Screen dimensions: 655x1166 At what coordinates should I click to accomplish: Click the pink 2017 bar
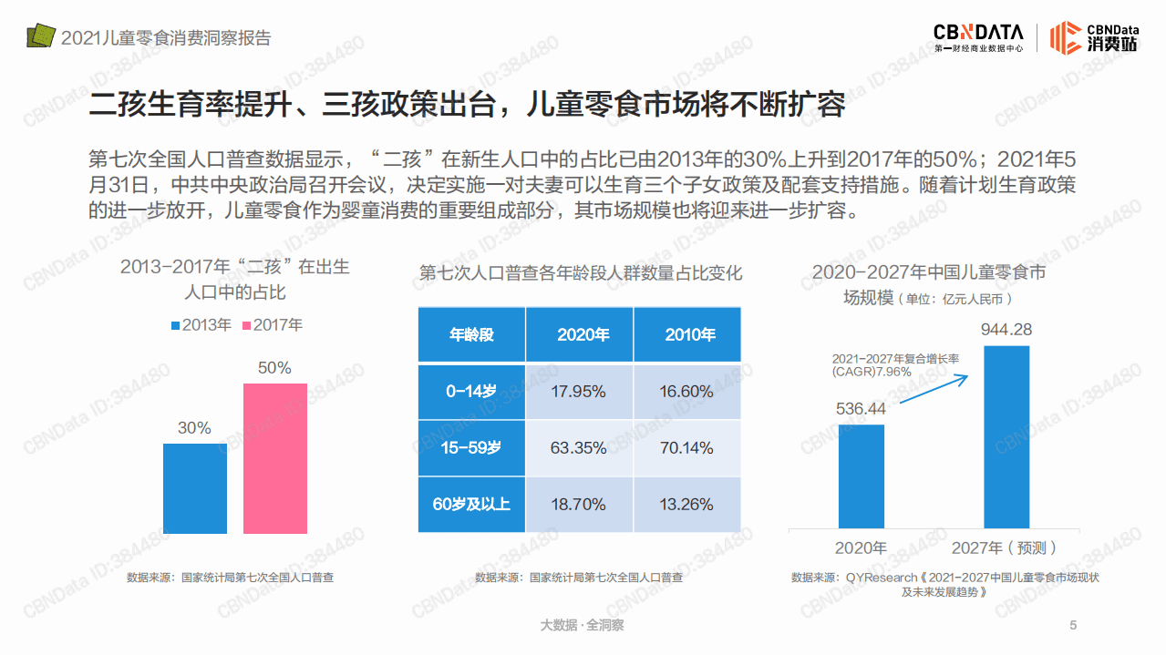pos(274,458)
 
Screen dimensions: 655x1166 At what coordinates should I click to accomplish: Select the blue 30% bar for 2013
pos(194,488)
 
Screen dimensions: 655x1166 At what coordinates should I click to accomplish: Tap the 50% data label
pos(274,368)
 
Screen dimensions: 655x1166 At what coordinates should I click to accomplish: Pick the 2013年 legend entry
pos(201,325)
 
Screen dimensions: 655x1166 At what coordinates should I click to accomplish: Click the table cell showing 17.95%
pos(579,392)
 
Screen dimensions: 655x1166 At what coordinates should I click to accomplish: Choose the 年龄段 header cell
pos(471,334)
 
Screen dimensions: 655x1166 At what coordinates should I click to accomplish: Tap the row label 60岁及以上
pos(471,505)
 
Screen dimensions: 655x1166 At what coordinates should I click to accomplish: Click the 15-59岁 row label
pos(471,448)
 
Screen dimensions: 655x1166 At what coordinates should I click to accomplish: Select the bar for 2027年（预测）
pos(1006,436)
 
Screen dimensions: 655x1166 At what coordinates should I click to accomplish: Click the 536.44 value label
pos(861,409)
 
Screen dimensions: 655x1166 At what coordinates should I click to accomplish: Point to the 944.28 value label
pos(1006,329)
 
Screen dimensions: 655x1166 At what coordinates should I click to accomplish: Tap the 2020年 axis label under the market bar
pos(861,548)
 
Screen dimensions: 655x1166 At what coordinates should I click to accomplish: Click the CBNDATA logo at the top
pos(978,36)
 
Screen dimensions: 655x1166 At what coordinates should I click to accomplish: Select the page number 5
pos(1073,625)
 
